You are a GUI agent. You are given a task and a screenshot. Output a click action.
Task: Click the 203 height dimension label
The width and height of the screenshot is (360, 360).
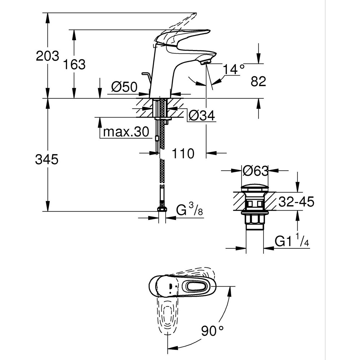pyautogui.click(x=47, y=56)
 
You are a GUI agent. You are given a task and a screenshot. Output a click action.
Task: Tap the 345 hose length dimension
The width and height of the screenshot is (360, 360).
pyautogui.click(x=47, y=159)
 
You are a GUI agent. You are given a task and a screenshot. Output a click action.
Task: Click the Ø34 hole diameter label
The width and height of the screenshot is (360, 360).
pyautogui.click(x=202, y=116)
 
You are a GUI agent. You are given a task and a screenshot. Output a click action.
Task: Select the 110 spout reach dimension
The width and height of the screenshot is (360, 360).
pyautogui.click(x=183, y=153)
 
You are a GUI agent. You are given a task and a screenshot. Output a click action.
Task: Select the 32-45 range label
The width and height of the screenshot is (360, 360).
pyautogui.click(x=296, y=202)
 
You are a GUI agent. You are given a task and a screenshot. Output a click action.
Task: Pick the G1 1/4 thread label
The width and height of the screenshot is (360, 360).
pyautogui.click(x=292, y=241)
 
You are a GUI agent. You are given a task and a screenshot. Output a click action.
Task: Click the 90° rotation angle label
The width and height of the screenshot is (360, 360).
pyautogui.click(x=212, y=330)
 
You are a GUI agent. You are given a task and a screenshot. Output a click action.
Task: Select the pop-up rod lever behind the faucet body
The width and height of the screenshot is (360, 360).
pyautogui.click(x=146, y=77)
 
